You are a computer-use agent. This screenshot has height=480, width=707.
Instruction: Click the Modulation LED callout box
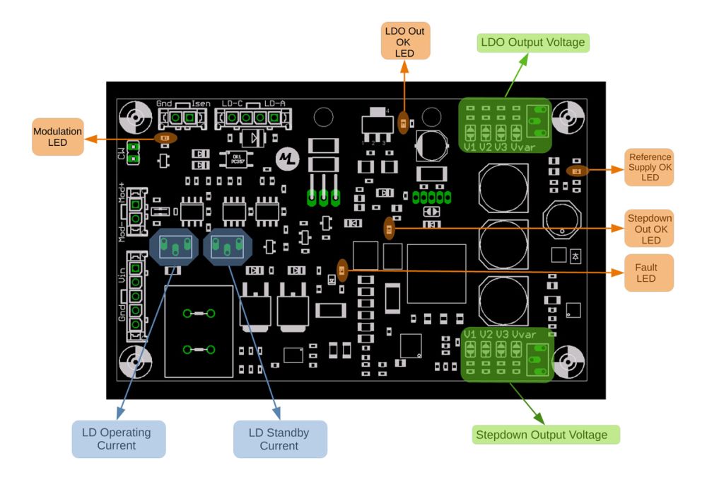(57, 137)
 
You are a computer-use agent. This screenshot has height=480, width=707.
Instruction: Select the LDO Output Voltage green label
(533, 42)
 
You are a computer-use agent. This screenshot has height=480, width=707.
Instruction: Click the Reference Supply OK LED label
(649, 167)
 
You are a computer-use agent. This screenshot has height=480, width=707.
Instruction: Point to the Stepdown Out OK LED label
(649, 229)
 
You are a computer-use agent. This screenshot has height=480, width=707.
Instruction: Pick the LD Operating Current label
(118, 439)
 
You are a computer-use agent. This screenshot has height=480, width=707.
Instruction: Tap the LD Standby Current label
(280, 439)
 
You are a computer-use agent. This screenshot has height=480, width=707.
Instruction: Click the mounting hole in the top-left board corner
(132, 115)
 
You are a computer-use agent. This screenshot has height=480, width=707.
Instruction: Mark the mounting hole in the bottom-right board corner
(567, 361)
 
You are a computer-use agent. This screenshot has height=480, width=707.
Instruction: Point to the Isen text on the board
(201, 103)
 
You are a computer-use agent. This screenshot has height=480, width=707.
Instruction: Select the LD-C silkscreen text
(233, 103)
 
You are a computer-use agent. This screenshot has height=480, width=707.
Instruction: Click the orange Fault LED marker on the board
(343, 270)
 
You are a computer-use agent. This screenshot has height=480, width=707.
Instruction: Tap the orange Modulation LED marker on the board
(165, 138)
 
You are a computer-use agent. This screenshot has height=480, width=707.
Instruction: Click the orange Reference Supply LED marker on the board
(577, 170)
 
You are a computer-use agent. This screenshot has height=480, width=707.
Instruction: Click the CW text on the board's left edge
(122, 151)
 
